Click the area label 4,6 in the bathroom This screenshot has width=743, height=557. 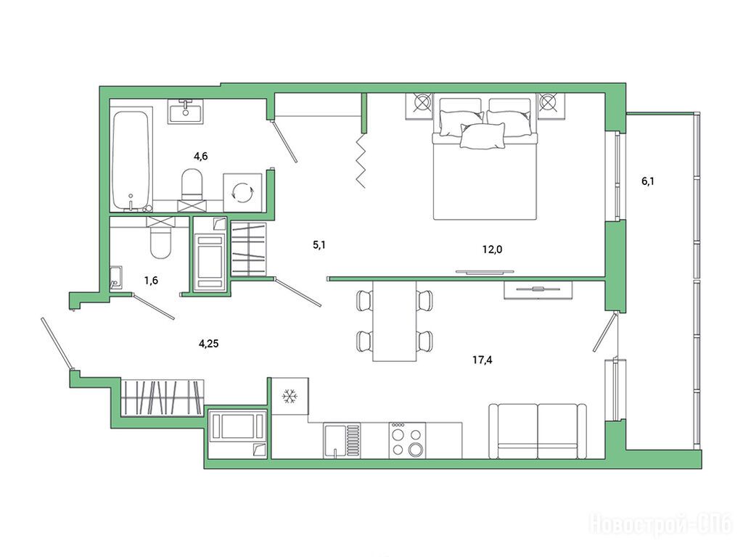(x=200, y=156)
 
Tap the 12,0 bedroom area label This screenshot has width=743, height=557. (x=493, y=249)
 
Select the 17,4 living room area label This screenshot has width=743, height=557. (x=483, y=360)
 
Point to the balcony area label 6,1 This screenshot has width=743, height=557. (x=648, y=181)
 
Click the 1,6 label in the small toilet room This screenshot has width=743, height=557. (x=151, y=281)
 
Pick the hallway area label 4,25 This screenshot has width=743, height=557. (x=208, y=344)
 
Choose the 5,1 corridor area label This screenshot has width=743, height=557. (x=319, y=245)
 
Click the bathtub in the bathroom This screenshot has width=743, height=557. (x=131, y=160)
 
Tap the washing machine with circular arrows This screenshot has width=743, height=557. (x=242, y=192)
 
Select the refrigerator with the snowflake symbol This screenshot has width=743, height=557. (x=290, y=396)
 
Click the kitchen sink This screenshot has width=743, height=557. (x=342, y=440)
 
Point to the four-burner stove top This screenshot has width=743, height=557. (x=407, y=440)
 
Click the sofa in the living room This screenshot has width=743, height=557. (x=538, y=431)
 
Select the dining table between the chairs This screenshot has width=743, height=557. (x=394, y=321)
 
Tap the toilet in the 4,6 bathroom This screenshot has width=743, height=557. (x=192, y=185)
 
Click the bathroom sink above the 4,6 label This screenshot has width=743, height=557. (x=186, y=111)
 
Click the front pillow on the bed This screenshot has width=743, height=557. (x=483, y=136)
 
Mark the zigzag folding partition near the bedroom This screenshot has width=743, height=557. (x=361, y=160)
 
